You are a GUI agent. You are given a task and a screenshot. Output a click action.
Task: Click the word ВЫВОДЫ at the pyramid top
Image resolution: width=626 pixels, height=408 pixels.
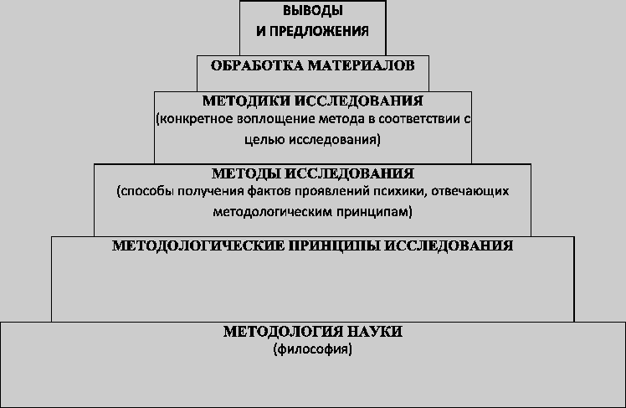pyautogui.click(x=313, y=11)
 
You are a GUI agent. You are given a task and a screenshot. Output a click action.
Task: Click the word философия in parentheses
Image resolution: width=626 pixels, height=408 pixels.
pyautogui.click(x=313, y=349)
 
